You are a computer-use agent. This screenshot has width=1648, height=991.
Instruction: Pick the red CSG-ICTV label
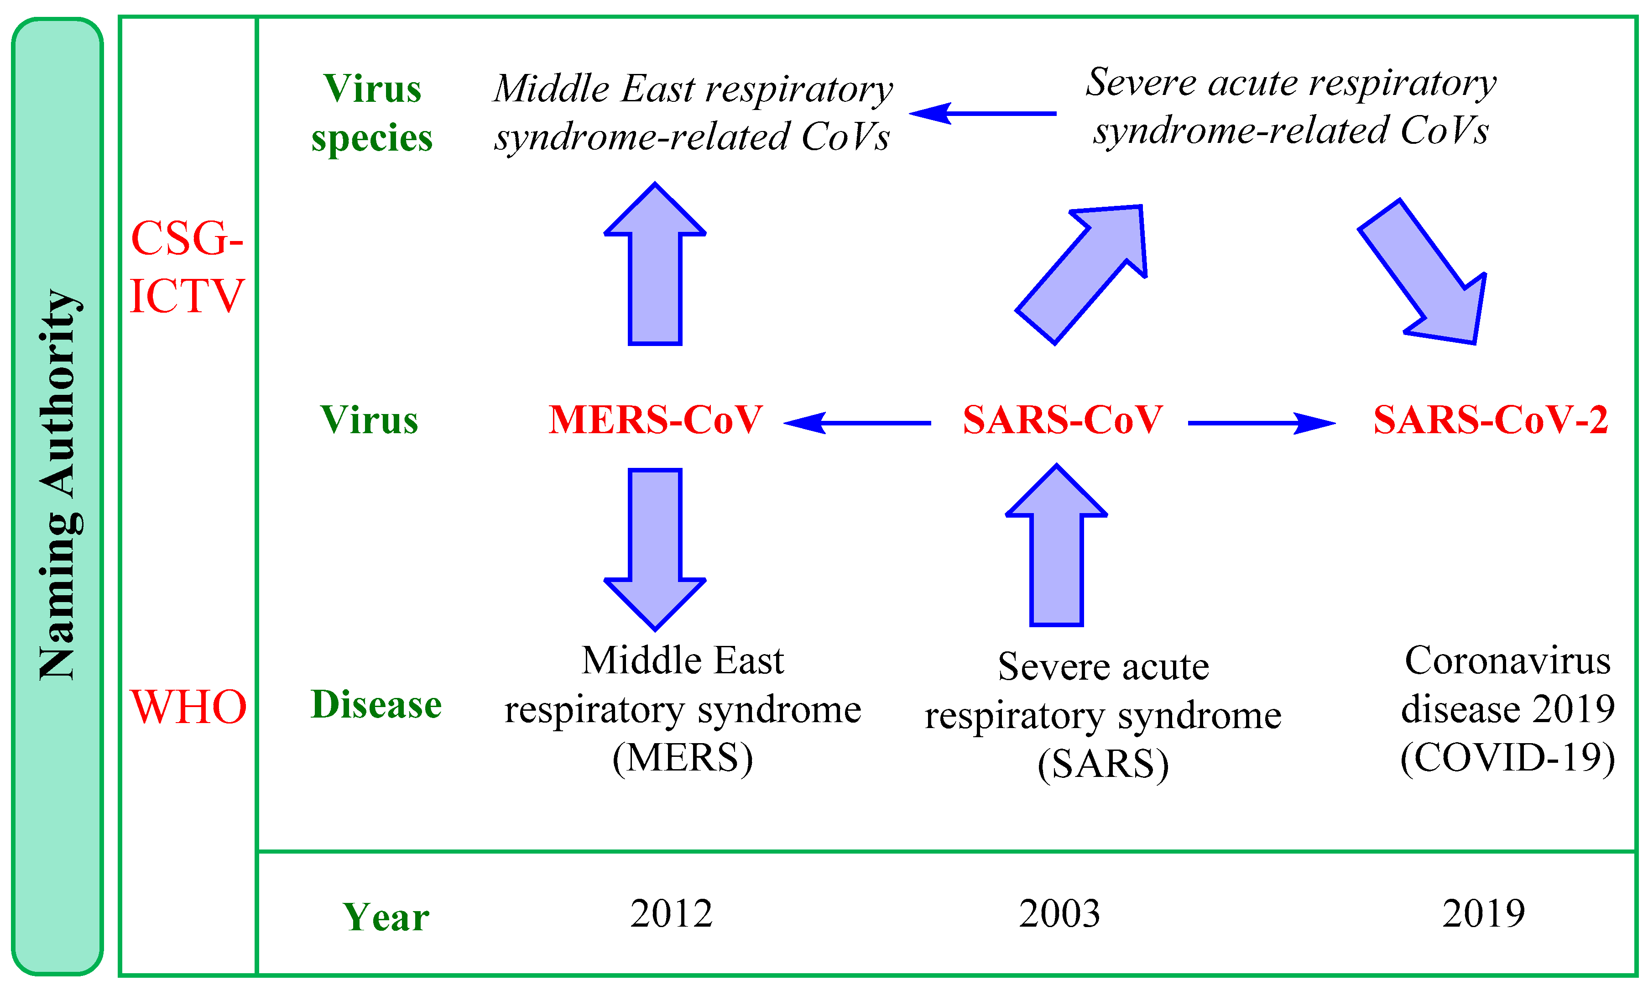pyautogui.click(x=188, y=267)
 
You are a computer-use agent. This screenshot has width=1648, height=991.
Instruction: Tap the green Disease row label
pyautogui.click(x=376, y=704)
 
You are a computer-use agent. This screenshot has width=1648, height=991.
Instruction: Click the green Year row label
pyautogui.click(x=386, y=917)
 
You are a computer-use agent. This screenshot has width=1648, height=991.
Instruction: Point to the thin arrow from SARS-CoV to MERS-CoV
pyautogui.click(x=857, y=423)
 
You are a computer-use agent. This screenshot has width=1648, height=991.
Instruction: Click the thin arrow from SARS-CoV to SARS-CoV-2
pyautogui.click(x=1262, y=423)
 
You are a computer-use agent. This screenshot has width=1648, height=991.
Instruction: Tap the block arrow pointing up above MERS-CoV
pyautogui.click(x=655, y=264)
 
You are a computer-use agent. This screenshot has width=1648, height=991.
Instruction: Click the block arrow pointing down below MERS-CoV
pyautogui.click(x=655, y=550)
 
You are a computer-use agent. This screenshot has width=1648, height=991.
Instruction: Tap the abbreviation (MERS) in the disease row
pyautogui.click(x=682, y=758)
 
